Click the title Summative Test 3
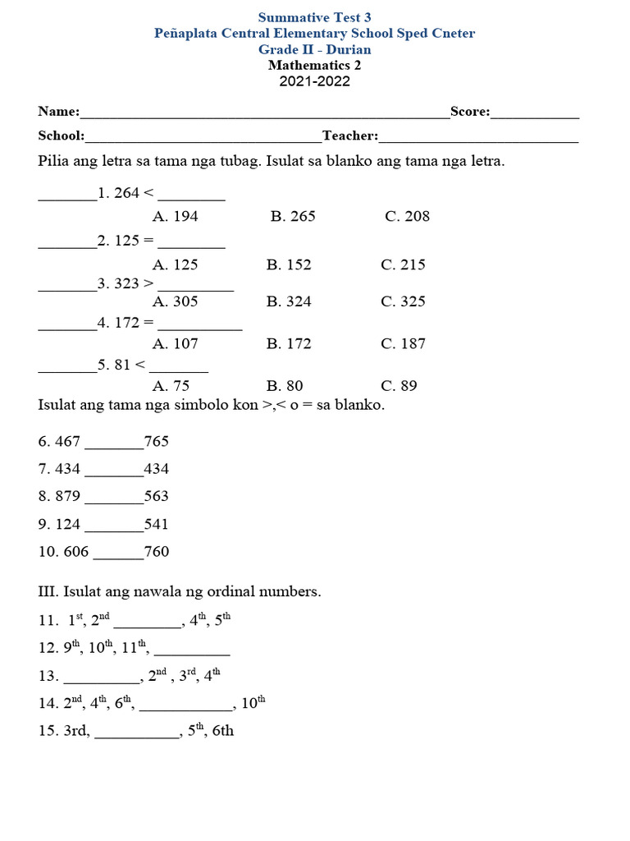314,17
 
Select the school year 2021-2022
314,81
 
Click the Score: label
469,112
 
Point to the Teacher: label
350,136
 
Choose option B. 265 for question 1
293,217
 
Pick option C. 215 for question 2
403,265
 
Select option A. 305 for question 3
176,301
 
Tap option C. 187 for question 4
403,344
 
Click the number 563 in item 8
156,497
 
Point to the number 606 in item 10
75,552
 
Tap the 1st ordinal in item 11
76,621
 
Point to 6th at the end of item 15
222,731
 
